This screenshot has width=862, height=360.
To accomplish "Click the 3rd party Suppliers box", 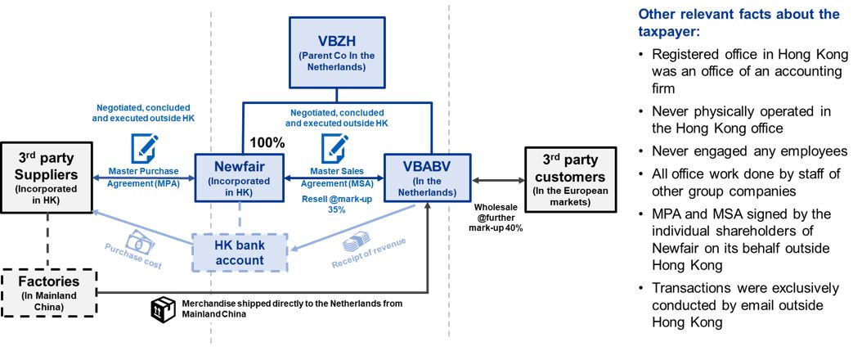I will click(48, 176).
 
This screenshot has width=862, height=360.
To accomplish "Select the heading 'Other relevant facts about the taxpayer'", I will click(738, 24).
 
